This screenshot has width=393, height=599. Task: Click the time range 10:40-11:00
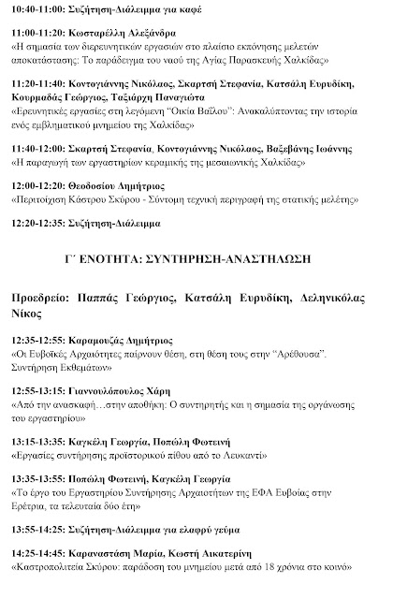37,12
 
